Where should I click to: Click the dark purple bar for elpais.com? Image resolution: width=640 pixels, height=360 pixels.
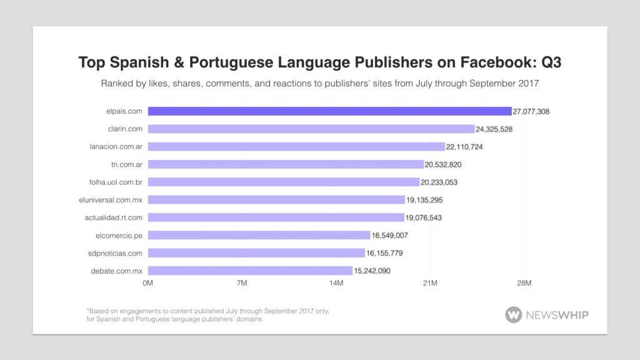click(329, 111)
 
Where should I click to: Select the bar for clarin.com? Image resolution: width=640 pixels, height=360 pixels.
click(311, 129)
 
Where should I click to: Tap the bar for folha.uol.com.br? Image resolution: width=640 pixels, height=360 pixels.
click(284, 182)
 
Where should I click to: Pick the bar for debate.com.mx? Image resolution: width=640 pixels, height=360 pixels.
click(250, 271)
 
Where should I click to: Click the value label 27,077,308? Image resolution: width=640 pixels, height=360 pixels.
click(531, 111)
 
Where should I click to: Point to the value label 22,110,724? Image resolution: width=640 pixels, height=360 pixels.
click(464, 147)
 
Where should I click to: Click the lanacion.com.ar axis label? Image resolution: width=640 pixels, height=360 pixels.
click(116, 147)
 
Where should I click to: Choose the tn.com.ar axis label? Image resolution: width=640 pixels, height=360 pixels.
click(126, 164)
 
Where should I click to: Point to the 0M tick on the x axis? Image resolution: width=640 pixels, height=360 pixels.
click(148, 283)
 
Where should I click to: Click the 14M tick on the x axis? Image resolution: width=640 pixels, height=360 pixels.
click(336, 283)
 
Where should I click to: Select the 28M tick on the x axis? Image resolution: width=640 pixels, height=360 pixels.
click(524, 283)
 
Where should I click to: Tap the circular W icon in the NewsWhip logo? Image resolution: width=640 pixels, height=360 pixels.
click(514, 314)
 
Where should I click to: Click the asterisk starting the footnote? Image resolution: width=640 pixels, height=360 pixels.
click(88, 311)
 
